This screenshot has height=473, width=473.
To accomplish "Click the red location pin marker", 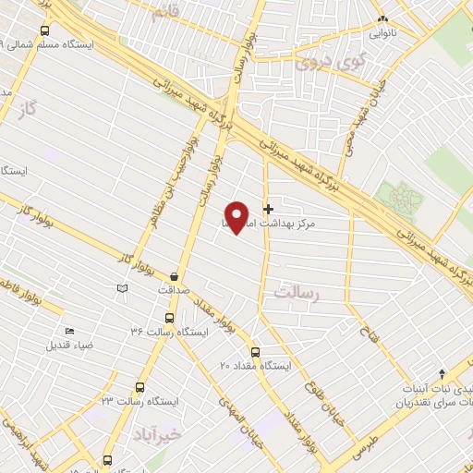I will pyautogui.click(x=237, y=217).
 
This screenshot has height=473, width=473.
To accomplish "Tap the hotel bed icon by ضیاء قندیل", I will pyautogui.click(x=70, y=332).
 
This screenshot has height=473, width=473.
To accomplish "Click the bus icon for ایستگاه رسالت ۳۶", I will pyautogui.click(x=166, y=317).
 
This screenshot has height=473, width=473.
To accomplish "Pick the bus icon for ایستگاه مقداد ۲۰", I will pyautogui.click(x=256, y=352).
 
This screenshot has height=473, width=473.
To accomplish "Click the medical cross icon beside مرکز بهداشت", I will pyautogui.click(x=269, y=208).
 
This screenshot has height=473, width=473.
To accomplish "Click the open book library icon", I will pyautogui.click(x=122, y=289).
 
